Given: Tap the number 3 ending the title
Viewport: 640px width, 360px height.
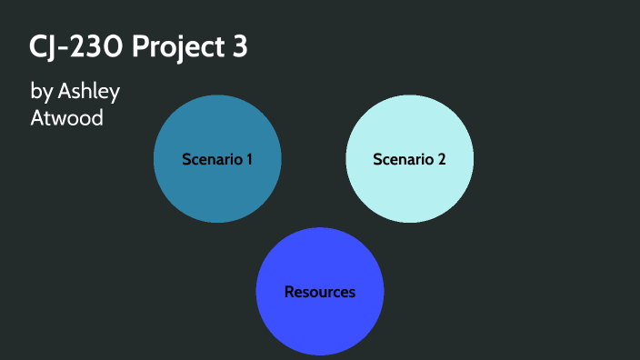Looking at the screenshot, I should (x=237, y=47).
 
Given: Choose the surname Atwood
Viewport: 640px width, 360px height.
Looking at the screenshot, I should (x=66, y=117).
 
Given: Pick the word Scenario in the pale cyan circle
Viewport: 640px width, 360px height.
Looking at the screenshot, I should (x=403, y=159).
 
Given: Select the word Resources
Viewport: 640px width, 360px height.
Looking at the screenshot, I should (x=319, y=292).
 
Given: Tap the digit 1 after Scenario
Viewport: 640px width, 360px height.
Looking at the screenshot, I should (x=249, y=159).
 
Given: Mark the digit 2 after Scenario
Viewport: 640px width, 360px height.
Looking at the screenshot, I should (x=442, y=159).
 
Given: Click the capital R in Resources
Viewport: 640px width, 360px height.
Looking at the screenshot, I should (x=289, y=292).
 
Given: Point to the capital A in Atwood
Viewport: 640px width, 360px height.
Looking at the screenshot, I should (x=37, y=117).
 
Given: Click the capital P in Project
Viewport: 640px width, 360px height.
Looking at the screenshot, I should (x=140, y=47).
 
